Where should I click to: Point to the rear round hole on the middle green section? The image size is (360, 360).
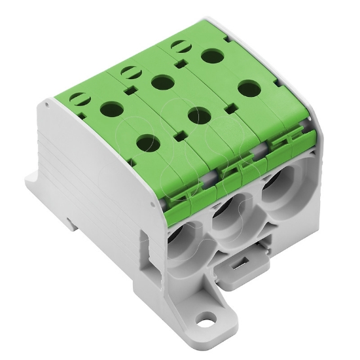tap(158, 82)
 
